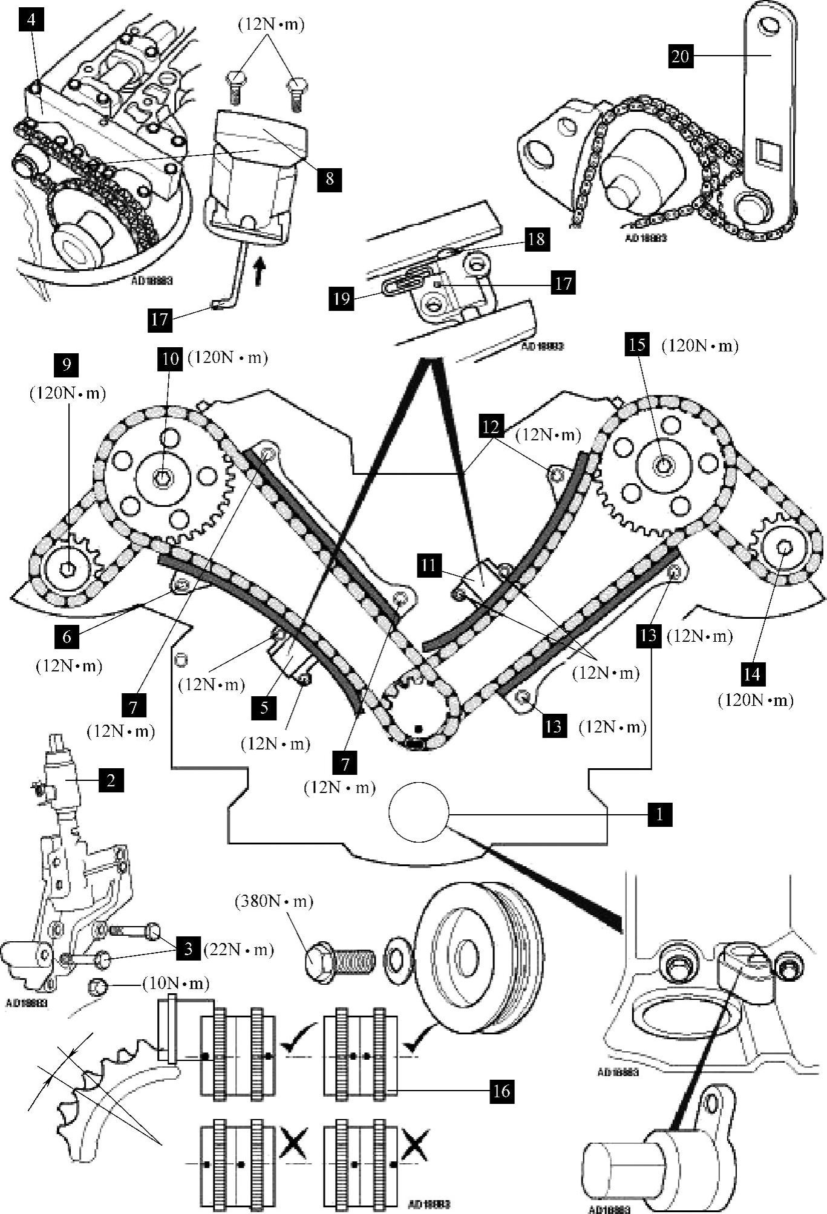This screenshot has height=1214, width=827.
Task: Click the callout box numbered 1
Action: (659, 814)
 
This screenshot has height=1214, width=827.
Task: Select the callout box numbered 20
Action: (681, 56)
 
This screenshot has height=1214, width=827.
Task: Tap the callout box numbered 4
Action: (31, 20)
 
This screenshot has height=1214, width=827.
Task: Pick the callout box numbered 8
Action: (329, 179)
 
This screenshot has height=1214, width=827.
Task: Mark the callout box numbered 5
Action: (264, 707)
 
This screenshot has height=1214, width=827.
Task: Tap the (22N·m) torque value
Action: (237, 950)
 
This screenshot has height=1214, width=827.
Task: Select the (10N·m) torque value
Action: (175, 984)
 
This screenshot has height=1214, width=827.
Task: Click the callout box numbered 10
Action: (171, 359)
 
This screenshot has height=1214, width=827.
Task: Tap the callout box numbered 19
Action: (342, 299)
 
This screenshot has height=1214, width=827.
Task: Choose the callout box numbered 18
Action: (536, 238)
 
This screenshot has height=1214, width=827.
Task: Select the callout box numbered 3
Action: (188, 948)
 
